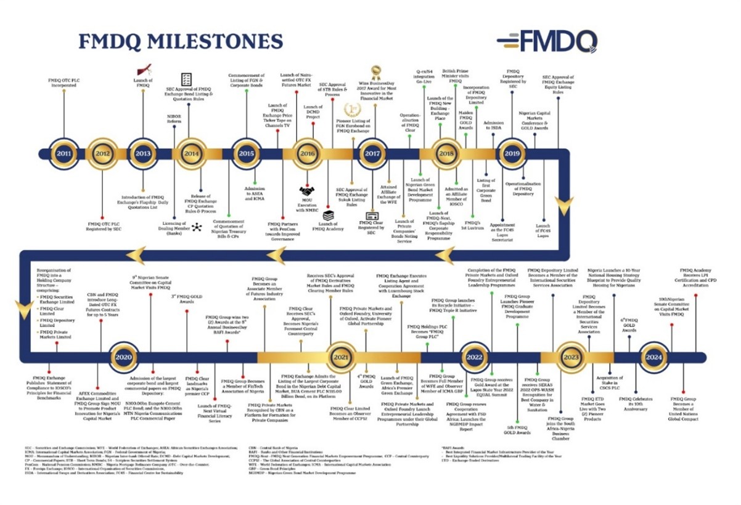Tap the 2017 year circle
[x=372, y=154]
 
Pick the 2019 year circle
[x=512, y=154]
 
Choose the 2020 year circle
[x=124, y=357]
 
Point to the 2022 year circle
[x=474, y=357]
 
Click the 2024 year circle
[x=653, y=357]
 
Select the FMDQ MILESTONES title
[x=181, y=41]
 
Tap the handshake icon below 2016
[x=308, y=192]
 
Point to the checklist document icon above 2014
[x=186, y=79]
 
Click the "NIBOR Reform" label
[x=174, y=118]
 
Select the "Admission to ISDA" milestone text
[x=494, y=126]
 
